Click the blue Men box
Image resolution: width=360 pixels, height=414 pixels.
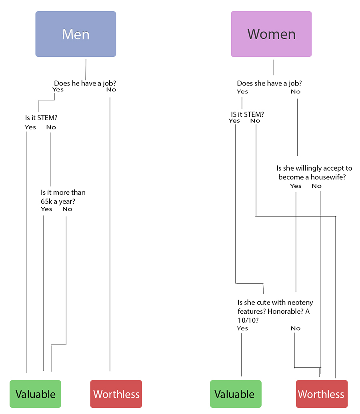(76, 34)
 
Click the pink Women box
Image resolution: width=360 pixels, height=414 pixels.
(271, 34)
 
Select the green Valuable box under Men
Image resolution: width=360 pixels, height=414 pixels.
(36, 394)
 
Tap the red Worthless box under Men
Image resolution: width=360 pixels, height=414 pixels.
(116, 394)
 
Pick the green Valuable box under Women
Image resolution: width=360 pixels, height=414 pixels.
(236, 394)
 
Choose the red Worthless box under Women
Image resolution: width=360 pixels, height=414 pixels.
(322, 394)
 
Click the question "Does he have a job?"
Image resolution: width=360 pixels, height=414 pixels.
(85, 84)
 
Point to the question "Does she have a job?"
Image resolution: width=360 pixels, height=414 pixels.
(269, 84)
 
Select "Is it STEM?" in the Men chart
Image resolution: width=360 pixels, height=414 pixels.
(41, 118)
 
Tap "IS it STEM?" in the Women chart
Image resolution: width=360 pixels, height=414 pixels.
(248, 114)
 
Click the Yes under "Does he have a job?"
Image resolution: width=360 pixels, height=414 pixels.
(58, 90)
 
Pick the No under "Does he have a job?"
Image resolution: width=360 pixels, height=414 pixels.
(111, 90)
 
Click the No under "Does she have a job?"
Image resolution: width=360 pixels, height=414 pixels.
(296, 92)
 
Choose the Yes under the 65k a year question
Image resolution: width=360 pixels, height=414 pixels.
(46, 209)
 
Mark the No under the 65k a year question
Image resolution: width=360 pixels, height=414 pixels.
(68, 209)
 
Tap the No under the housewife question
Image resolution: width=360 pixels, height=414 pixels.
(317, 186)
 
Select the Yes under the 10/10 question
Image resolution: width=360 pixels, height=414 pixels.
(242, 328)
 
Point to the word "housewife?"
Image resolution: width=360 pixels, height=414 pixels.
(328, 177)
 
